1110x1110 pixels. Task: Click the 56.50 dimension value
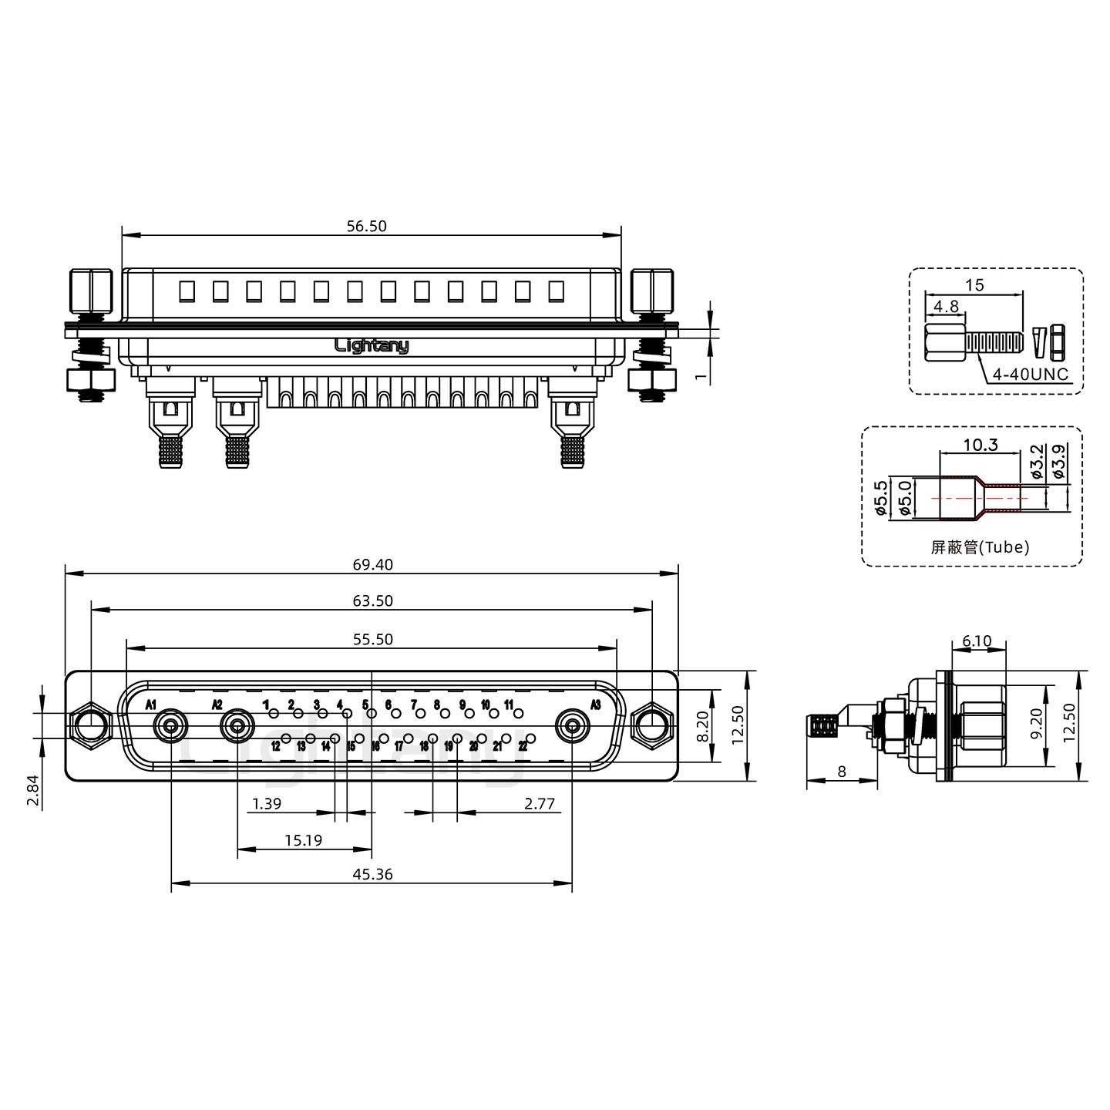pos(366,227)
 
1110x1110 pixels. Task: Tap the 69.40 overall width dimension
pos(372,564)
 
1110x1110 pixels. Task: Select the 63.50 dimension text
pos(372,600)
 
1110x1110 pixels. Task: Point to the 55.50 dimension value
pos(372,639)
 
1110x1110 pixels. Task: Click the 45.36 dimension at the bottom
pos(372,874)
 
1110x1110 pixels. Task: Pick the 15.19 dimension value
pos(304,840)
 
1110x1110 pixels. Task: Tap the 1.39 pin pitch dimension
pos(267,803)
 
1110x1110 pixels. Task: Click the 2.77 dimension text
pos(540,803)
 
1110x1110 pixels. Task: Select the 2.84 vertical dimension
pos(33,792)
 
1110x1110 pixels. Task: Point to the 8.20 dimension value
pos(703,726)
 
